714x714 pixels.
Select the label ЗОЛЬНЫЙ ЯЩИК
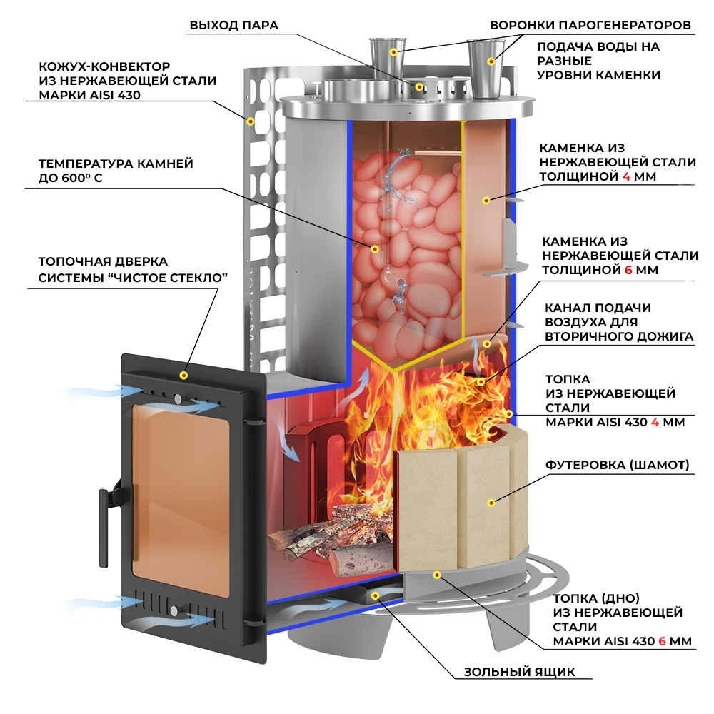point(519,672)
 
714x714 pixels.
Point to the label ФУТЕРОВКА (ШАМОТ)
point(618,466)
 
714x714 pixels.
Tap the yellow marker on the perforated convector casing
point(251,121)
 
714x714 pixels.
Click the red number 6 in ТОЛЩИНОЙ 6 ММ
point(628,271)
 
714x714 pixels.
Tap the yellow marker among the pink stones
point(374,248)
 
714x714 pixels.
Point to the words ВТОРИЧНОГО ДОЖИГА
point(619,336)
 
